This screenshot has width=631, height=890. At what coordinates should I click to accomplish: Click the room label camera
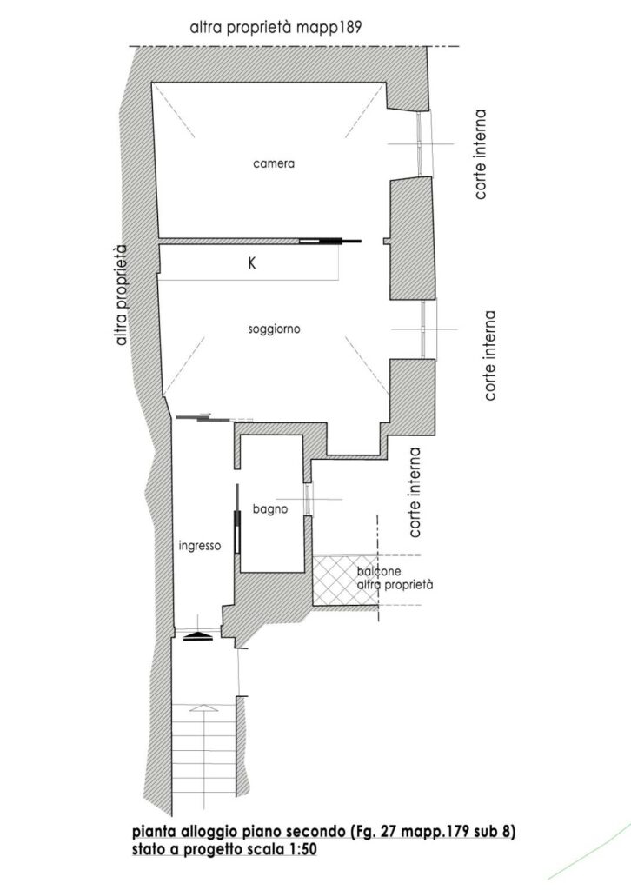click(x=274, y=163)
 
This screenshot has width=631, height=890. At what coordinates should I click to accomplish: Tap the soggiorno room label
click(x=274, y=329)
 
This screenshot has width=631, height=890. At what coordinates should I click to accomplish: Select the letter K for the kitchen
click(x=252, y=263)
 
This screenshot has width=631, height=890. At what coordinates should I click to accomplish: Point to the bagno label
click(x=270, y=509)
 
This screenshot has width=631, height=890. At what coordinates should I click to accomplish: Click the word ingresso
click(x=200, y=546)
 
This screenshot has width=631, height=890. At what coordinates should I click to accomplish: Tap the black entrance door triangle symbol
click(x=198, y=636)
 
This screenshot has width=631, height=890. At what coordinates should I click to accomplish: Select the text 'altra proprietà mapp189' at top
click(x=276, y=27)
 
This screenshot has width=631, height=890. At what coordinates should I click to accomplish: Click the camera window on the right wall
click(x=423, y=143)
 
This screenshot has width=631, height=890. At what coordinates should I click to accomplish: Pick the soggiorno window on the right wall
click(x=428, y=329)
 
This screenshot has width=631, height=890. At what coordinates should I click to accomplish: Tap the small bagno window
click(x=309, y=499)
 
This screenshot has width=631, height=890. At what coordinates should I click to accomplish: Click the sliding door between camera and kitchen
click(x=330, y=242)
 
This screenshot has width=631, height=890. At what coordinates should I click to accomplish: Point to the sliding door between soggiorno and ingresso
click(x=215, y=419)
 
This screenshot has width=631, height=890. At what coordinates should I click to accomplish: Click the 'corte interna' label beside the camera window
click(x=480, y=155)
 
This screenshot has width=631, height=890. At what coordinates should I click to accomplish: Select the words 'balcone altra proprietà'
click(x=395, y=578)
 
